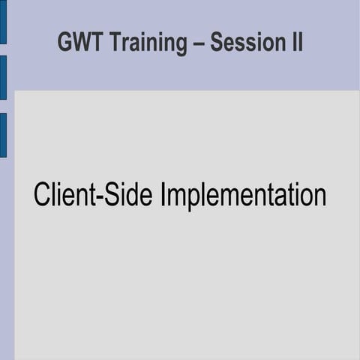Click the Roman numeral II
click(x=295, y=43)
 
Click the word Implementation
click(x=242, y=196)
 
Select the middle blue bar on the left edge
click(x=3, y=77)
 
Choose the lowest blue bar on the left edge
click(x=3, y=135)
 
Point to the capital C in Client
click(x=42, y=194)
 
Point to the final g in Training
click(x=180, y=46)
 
